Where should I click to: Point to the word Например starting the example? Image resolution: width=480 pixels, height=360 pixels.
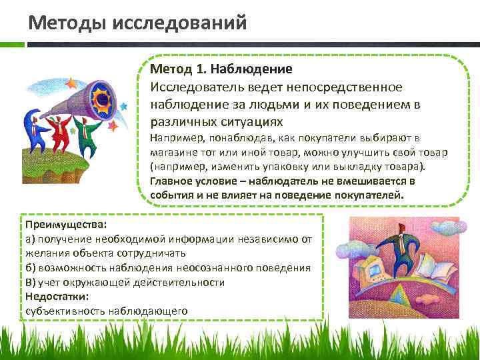pos(174,138)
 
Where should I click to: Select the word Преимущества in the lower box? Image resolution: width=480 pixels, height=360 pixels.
pos(58,225)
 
